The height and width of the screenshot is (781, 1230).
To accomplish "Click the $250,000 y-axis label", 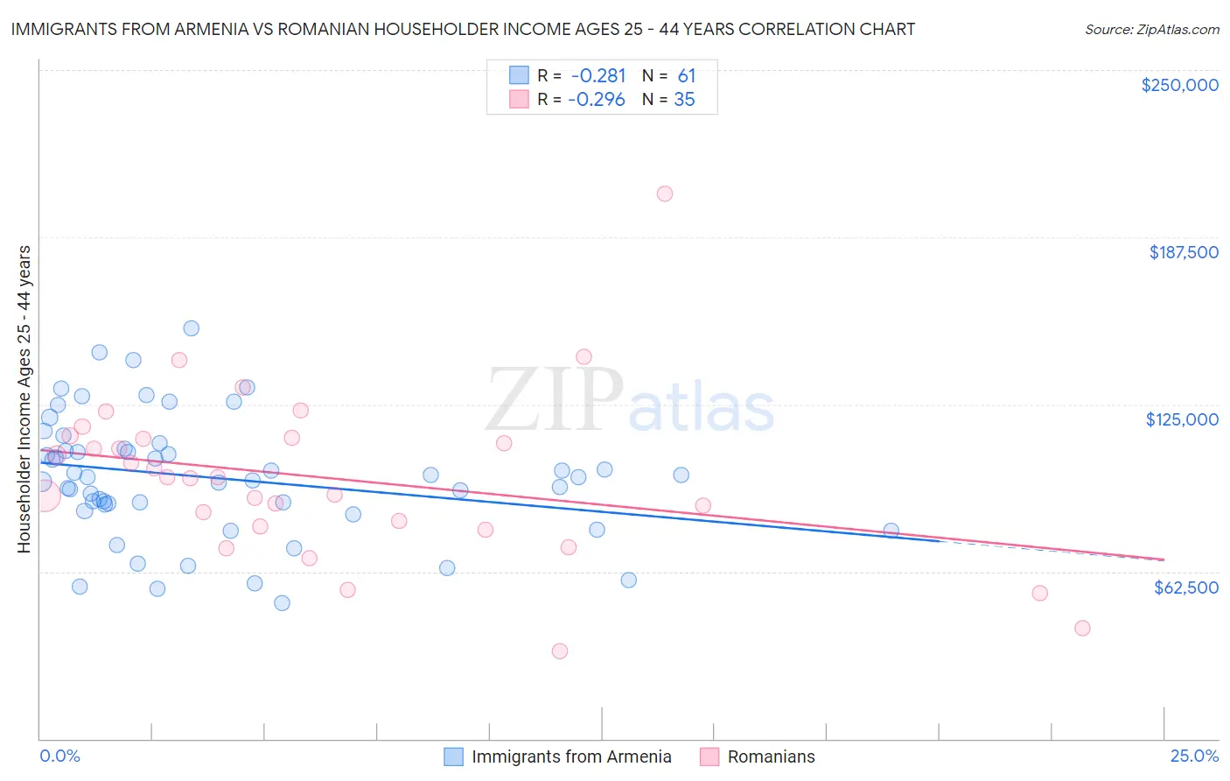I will [1179, 85].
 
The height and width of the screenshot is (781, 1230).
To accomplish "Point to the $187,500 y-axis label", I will [1183, 252].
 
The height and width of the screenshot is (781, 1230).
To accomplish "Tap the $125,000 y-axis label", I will [1182, 419].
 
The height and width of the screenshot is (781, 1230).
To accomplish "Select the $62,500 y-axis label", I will [1185, 588].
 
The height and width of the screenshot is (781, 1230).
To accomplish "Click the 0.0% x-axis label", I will [59, 756].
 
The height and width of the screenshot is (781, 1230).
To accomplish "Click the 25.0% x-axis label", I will [1194, 756].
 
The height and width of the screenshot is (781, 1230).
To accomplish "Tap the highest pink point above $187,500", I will [665, 193].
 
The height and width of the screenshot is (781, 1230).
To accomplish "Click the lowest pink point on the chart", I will [560, 651].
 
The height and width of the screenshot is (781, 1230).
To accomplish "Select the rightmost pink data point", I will [1082, 628].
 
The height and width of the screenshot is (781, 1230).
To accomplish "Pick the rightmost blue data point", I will [891, 531].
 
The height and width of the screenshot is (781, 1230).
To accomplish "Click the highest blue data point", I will [191, 328].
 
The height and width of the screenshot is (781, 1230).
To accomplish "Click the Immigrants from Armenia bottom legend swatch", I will [453, 756].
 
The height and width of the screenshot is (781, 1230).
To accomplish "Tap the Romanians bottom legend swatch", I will [709, 756].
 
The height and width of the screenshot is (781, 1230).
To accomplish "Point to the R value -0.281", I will [598, 75].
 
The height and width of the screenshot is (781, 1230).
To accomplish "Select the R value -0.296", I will [597, 100].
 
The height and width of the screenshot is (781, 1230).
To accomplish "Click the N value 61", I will [687, 75].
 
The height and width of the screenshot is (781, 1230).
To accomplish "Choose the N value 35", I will [684, 100].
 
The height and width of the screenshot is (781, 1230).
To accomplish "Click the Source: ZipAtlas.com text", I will [1151, 30].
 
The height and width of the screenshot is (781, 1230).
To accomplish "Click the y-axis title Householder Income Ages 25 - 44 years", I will [24, 398].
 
